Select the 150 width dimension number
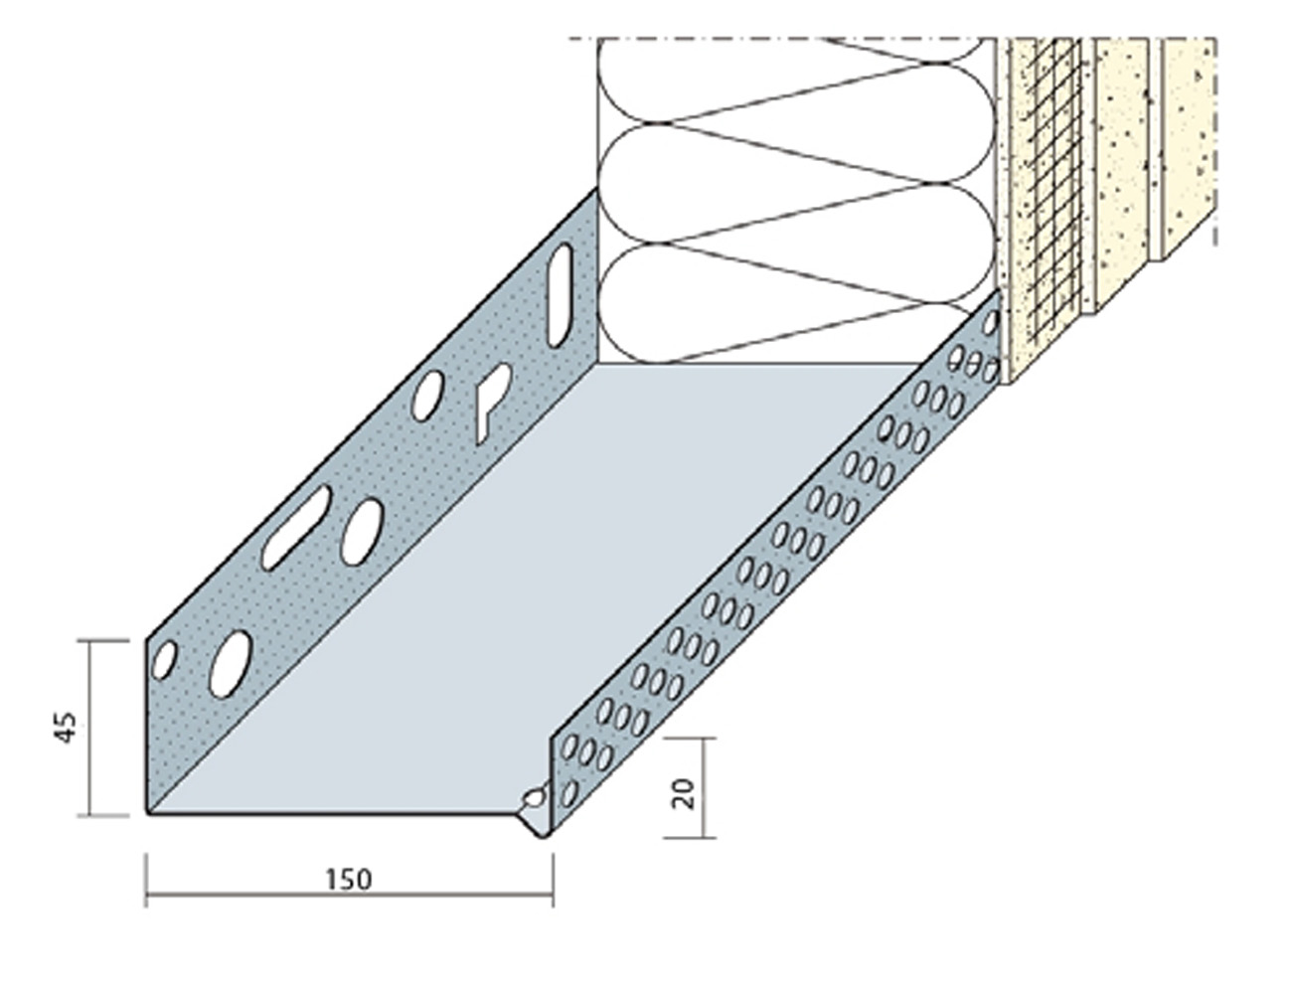(349, 880)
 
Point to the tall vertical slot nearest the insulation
(561, 295)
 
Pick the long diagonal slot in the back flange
(297, 527)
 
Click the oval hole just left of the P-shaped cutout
(427, 396)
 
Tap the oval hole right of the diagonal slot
(362, 531)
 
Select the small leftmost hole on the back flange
(164, 660)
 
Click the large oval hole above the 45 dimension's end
(231, 663)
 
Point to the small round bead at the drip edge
(533, 798)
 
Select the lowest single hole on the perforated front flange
(569, 793)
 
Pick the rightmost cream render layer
(1188, 149)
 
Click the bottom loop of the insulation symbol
(797, 303)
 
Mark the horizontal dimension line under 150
(350, 895)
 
